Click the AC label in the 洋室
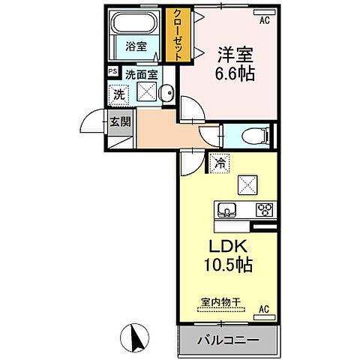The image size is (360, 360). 264,21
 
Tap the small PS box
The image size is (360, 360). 112,72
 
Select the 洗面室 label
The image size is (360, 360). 141,74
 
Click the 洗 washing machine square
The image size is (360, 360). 118,95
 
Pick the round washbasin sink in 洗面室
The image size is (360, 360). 167,94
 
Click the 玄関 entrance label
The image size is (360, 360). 120,121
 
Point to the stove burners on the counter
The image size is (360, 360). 264,209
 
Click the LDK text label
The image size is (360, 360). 226,247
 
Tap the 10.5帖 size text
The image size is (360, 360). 226,266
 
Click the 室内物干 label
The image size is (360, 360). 220,302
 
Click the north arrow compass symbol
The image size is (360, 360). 137,340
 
